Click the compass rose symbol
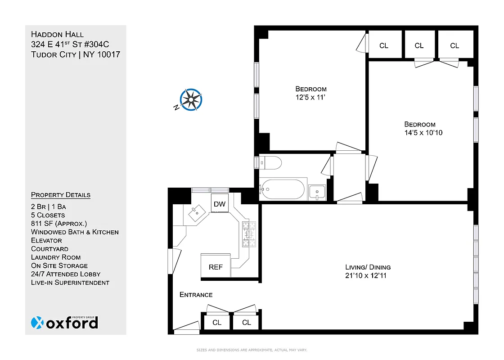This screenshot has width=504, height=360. point(191,99)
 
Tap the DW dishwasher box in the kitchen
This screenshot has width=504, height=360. point(220,204)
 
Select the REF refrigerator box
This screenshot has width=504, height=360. point(216,266)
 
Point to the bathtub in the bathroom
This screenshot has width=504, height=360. point(283,189)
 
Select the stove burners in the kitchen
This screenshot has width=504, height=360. point(247,234)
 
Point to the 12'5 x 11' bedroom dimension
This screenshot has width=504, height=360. point(311,97)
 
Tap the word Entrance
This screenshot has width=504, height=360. point(196,295)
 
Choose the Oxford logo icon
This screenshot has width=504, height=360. point(38,323)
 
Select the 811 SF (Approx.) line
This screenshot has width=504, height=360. point(59,224)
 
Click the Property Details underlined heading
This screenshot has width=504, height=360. point(61,195)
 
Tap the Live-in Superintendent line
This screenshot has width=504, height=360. point(70,283)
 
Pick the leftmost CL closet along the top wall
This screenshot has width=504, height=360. point(384,45)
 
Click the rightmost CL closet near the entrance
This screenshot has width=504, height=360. point(246,322)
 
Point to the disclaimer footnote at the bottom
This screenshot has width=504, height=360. point(252,350)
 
